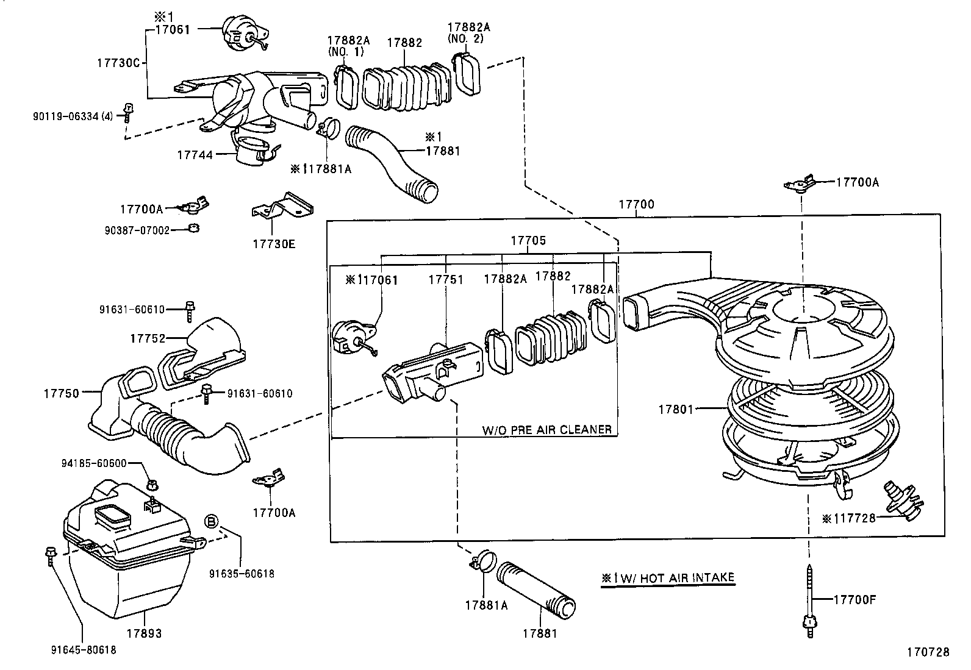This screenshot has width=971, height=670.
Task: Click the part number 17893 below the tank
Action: click(144, 633)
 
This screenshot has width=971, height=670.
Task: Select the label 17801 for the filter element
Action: click(676, 410)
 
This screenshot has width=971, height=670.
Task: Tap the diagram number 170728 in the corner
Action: click(928, 652)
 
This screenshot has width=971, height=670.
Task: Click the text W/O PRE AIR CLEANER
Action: click(546, 429)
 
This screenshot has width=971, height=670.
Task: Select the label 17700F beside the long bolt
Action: click(855, 599)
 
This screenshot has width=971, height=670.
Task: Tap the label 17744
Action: click(195, 155)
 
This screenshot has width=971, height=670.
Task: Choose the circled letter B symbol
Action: click(210, 521)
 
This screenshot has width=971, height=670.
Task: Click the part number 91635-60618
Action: click(242, 573)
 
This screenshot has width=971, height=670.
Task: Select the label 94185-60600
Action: click(94, 463)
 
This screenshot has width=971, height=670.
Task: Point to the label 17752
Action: click(148, 338)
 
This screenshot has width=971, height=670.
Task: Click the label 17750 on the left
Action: click(61, 393)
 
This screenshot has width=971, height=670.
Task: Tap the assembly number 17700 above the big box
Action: click(636, 204)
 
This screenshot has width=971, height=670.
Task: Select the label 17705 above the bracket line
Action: click(528, 240)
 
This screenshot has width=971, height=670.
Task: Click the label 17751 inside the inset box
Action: click(446, 279)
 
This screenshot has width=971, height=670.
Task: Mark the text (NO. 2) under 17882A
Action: click(465, 38)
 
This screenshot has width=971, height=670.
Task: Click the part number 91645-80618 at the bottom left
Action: click(84, 650)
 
